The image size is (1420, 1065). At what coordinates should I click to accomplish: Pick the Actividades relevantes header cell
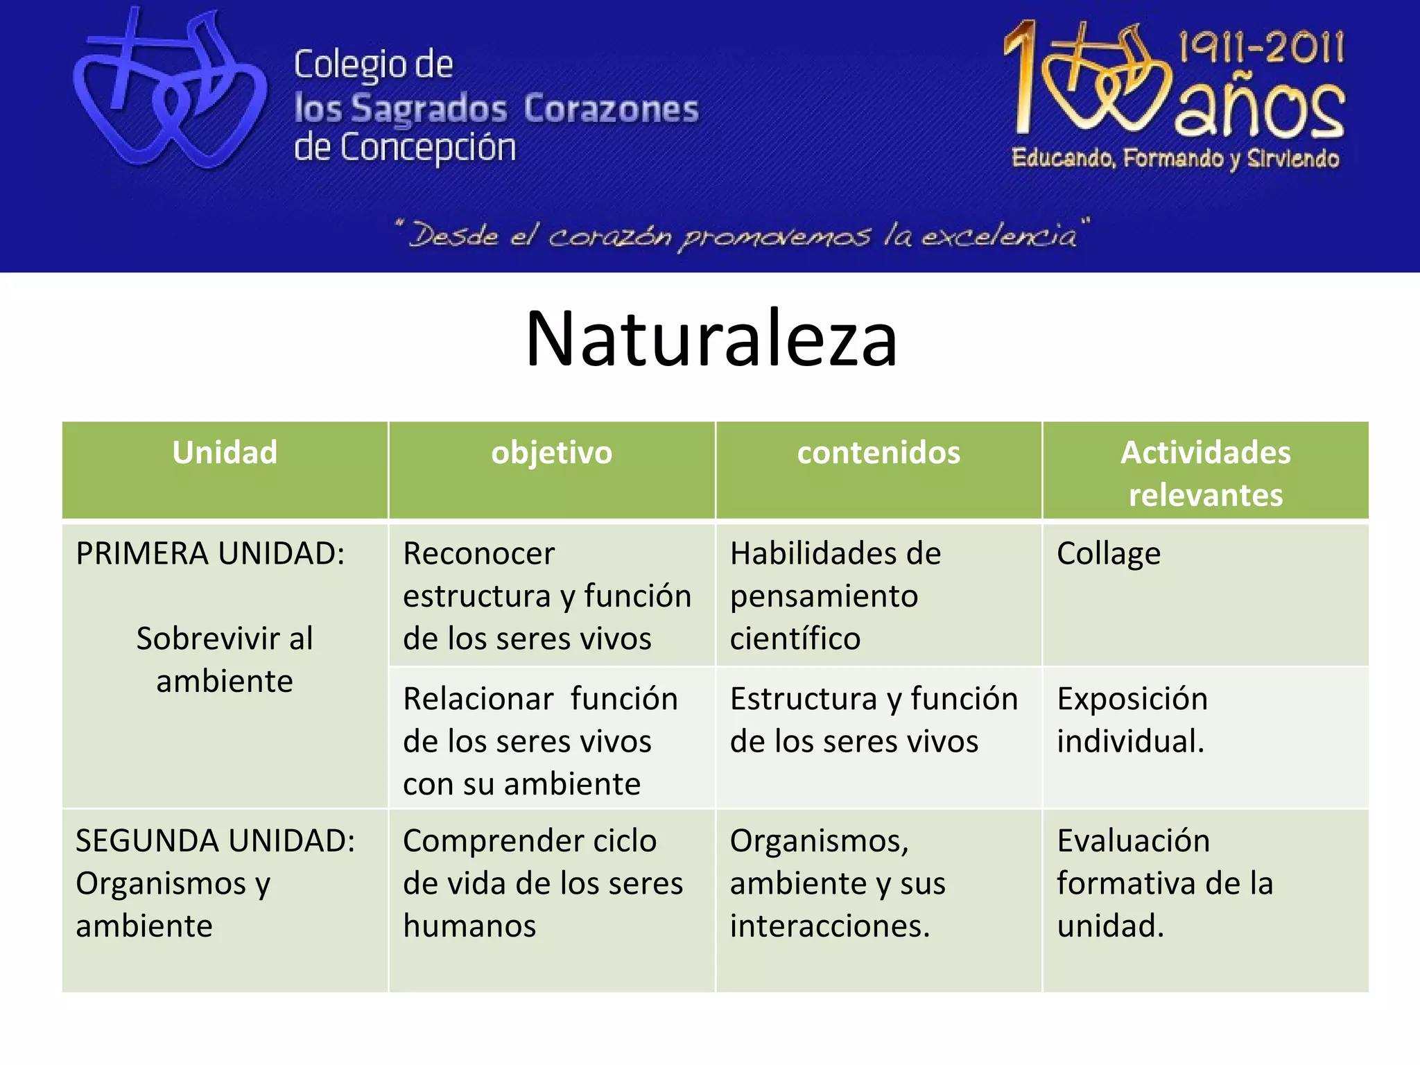[x=1205, y=473]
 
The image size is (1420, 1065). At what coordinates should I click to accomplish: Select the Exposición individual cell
[x=1132, y=720]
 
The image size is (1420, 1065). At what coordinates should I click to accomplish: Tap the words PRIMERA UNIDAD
[x=210, y=554]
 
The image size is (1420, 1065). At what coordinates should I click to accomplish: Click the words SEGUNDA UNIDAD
[x=215, y=841]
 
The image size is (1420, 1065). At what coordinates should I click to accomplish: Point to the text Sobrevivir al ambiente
[x=225, y=659]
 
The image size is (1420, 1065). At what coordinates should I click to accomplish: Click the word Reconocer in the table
[x=478, y=554]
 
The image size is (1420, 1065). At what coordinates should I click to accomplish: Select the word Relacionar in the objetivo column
[x=478, y=699]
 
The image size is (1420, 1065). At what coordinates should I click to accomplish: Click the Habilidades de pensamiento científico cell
[x=835, y=596]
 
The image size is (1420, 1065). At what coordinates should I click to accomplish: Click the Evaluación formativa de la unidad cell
[x=1165, y=884]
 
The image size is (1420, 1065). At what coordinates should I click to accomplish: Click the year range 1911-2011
[x=1261, y=49]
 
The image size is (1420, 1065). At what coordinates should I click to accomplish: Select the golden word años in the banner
[x=1259, y=111]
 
